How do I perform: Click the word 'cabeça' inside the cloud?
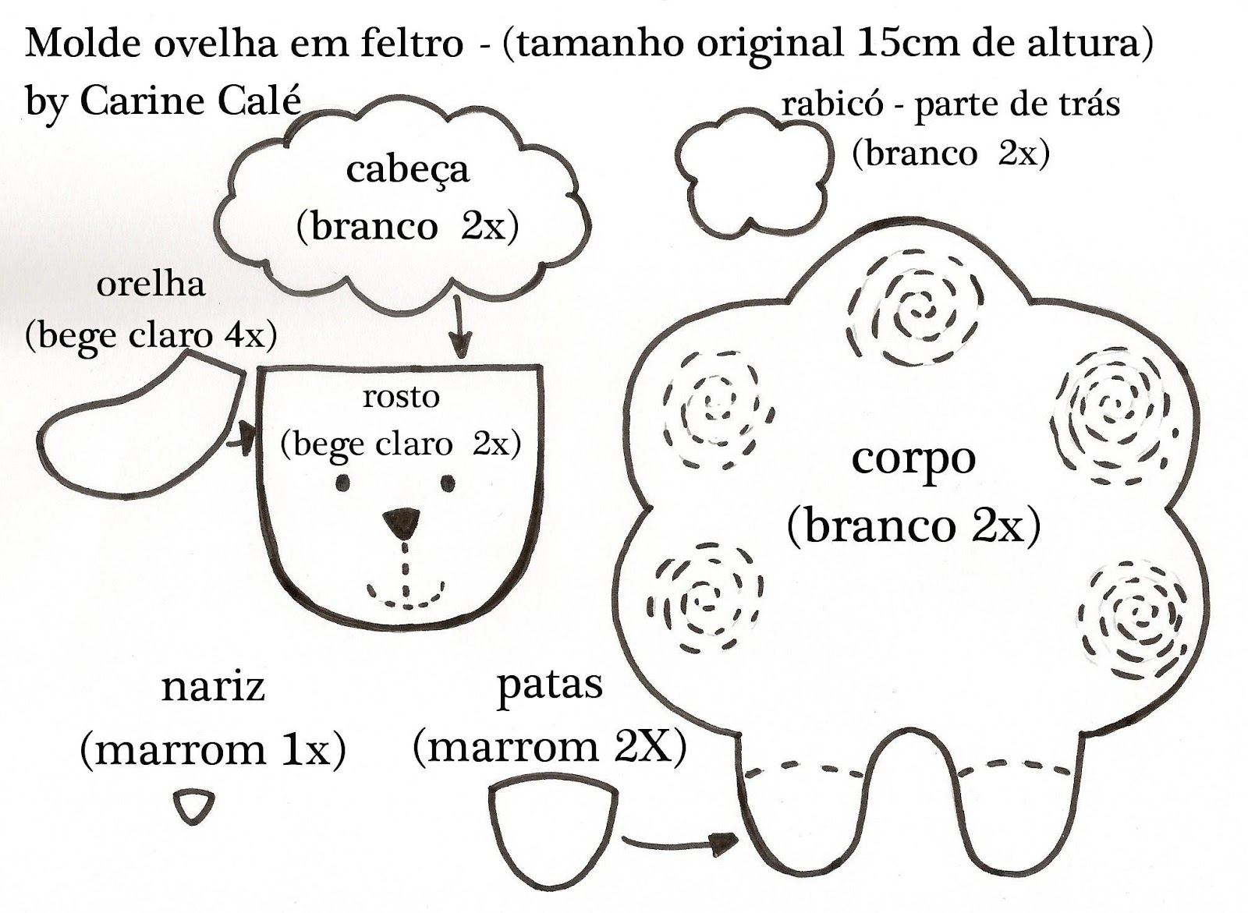407,170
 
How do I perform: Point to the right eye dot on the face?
448,483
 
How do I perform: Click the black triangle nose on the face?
402,521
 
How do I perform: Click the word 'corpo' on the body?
913,458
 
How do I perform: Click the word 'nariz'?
213,687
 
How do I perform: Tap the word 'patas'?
550,685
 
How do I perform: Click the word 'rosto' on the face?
401,397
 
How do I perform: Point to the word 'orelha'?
151,285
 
